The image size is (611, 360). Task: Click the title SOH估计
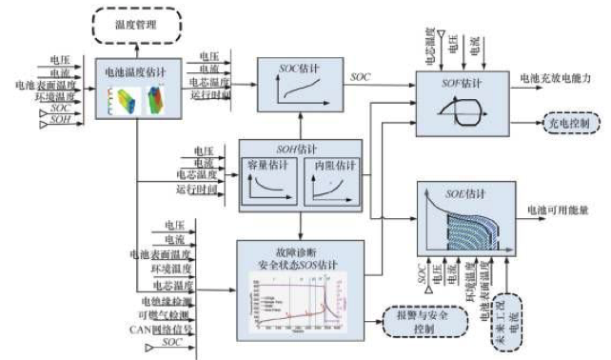[x=299, y=149]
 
